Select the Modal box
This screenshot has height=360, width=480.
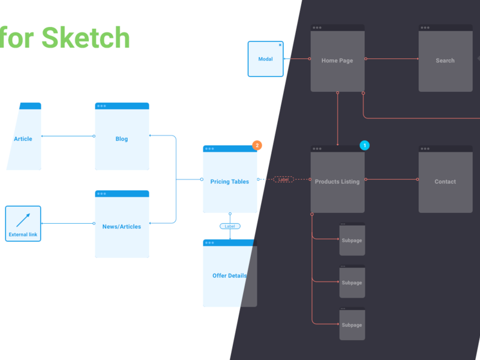tap(265, 59)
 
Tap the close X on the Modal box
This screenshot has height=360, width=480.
tap(280, 45)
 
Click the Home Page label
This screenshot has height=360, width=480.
tap(337, 61)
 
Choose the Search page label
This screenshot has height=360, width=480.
tap(445, 61)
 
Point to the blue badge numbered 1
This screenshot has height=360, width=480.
tap(364, 145)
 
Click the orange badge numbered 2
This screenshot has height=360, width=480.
tap(257, 145)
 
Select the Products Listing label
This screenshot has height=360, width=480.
tap(337, 182)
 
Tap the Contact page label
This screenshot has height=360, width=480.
tap(445, 182)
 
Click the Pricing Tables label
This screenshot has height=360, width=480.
tap(230, 182)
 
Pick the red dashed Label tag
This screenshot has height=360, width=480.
tap(284, 179)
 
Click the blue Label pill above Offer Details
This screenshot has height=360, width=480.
tap(230, 226)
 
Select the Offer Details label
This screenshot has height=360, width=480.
tap(230, 276)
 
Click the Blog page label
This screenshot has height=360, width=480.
tap(122, 139)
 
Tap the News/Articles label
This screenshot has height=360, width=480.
tap(122, 227)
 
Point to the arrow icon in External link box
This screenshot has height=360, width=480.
tap(23, 220)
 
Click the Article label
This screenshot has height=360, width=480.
tap(23, 139)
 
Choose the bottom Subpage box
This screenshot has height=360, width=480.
tap(352, 324)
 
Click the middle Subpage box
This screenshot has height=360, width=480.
tap(352, 282)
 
